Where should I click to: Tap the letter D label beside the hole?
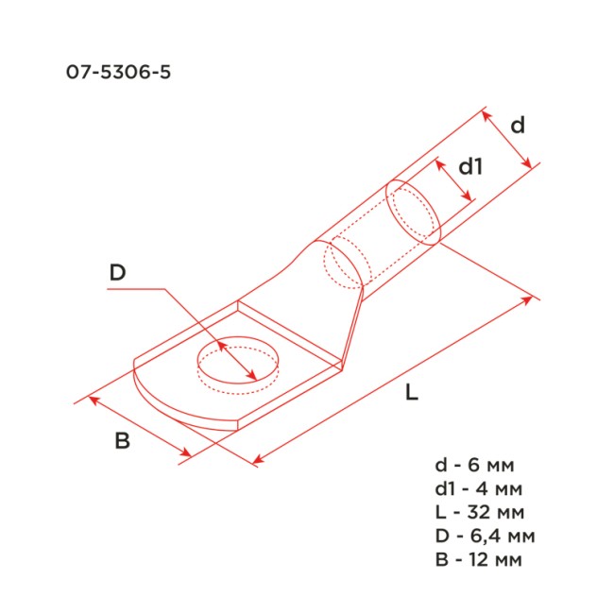(117, 273)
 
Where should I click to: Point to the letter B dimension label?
(121, 440)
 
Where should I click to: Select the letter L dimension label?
(411, 394)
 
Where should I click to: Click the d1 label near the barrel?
(470, 167)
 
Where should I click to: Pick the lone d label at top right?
(518, 125)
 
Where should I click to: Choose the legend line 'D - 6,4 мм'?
(486, 537)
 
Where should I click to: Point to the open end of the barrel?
(414, 212)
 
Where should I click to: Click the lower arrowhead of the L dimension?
(258, 462)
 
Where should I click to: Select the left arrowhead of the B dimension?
(92, 401)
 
